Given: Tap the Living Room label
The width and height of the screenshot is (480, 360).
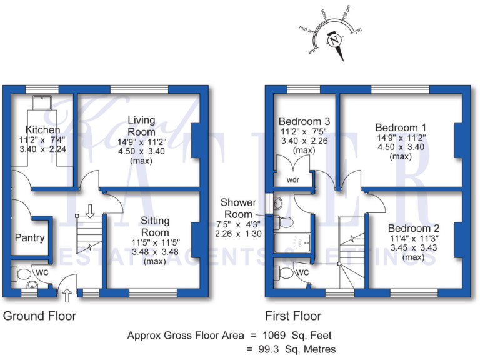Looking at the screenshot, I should coord(142,126).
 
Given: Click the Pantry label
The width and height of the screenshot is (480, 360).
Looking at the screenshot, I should coord(30,238).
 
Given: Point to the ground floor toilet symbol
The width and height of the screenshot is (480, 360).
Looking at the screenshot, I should coord(21,274).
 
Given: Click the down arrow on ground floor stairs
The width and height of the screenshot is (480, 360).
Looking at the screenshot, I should coord(89,212).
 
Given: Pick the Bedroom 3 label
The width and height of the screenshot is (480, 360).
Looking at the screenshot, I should coord(304,121).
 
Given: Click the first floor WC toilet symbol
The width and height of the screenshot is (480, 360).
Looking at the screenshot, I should coord(284,272).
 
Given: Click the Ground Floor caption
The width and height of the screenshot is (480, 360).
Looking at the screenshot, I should coord(40,316).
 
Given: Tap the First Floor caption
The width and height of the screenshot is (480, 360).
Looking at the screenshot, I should coord(294,316).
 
